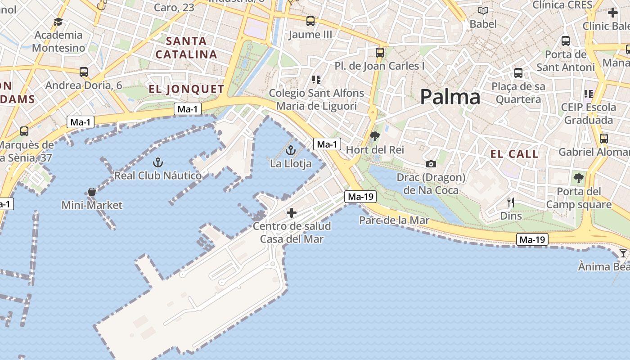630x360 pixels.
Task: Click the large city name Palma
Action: [450, 97]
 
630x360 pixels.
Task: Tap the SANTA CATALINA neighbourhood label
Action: [186, 48]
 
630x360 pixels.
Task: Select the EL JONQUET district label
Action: [186, 89]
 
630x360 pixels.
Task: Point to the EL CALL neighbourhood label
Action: [514, 154]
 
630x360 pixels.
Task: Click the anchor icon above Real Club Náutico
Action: [157, 162]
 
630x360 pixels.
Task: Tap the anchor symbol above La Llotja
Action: [290, 150]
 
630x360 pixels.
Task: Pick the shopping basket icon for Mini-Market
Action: [92, 192]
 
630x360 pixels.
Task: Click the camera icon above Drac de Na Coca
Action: [431, 164]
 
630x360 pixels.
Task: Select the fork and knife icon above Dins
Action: [511, 202]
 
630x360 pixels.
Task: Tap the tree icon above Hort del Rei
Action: [374, 136]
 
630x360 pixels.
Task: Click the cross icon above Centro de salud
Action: [292, 212]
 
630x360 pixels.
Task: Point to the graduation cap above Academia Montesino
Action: [58, 22]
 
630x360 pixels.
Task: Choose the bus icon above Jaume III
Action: [310, 21]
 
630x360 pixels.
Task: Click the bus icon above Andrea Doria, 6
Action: [83, 72]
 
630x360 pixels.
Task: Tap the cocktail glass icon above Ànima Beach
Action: [623, 253]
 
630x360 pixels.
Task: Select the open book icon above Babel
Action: [483, 10]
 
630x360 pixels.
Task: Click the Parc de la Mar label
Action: [394, 220]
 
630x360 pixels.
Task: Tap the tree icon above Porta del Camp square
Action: [578, 178]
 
